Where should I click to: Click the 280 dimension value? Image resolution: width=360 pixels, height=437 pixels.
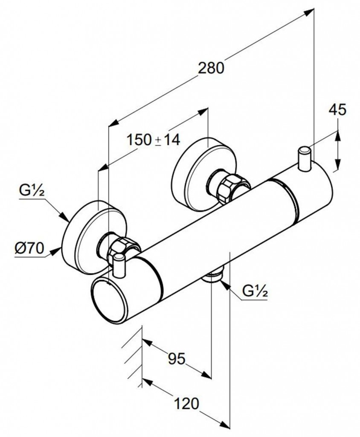point(211,68)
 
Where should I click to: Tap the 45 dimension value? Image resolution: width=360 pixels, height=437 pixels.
point(337,110)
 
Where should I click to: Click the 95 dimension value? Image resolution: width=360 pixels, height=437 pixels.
point(176,359)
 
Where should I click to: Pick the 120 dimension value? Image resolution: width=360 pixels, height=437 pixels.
point(187,403)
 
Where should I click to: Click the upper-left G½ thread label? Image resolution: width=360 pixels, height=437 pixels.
point(32,191)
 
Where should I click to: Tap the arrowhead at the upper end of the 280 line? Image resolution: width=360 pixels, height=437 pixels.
point(309,12)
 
